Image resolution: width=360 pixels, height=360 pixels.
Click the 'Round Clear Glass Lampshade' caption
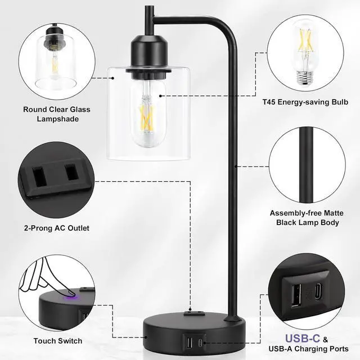coord(56,114)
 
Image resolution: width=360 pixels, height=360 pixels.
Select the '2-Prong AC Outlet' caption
coord(56,228)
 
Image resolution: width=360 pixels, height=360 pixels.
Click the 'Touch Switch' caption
coord(57,341)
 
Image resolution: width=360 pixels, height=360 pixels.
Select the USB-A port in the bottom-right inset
coord(297,294)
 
